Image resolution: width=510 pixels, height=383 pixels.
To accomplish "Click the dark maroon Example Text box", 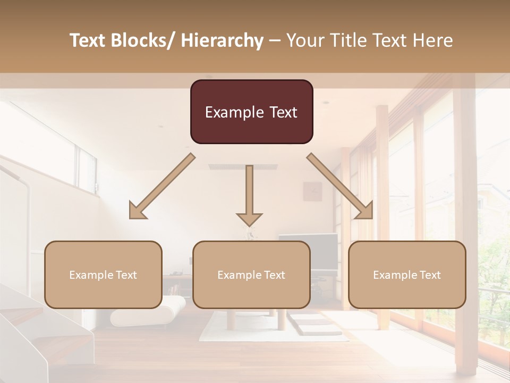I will coord(251,112).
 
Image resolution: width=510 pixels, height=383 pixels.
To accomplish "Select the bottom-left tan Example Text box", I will coord(103,274).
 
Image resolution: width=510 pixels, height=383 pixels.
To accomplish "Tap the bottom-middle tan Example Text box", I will coord(251,274).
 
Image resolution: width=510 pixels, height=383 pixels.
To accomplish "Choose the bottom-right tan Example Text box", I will coord(407,274).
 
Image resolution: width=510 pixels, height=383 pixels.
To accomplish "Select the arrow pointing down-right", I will coord(341,186).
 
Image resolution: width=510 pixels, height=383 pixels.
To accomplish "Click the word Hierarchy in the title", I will coord(222,40).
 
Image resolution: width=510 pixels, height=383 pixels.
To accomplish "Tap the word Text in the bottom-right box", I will coord(430,274).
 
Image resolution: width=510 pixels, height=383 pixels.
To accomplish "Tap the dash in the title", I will coord(275,40).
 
